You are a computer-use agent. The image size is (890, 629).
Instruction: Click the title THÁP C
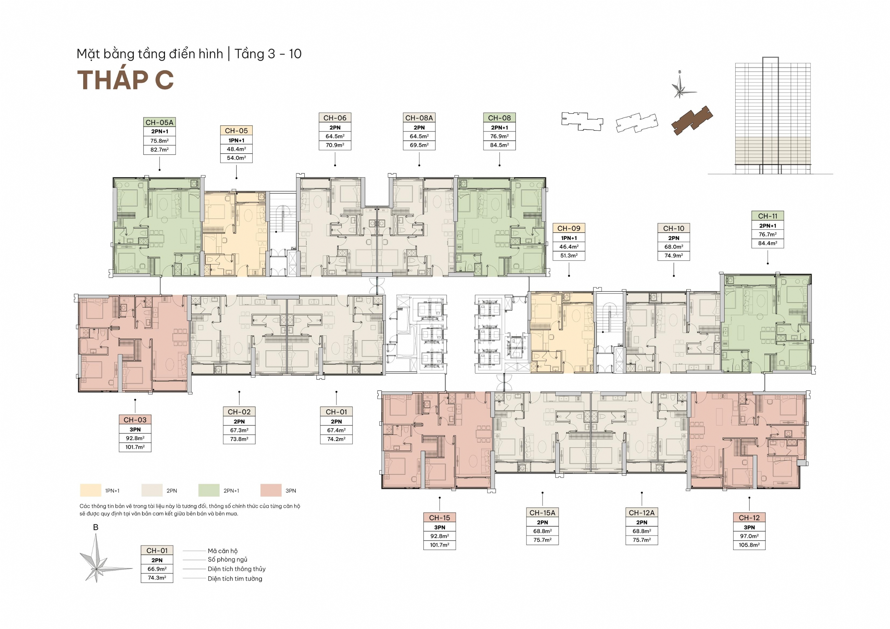pyautogui.click(x=125, y=80)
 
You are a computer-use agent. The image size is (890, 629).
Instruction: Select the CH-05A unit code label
pyautogui.click(x=159, y=123)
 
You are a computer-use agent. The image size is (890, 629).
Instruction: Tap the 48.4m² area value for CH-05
pyautogui.click(x=237, y=149)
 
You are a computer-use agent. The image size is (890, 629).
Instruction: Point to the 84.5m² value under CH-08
pyautogui.click(x=499, y=145)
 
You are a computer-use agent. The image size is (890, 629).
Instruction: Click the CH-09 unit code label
pyautogui.click(x=569, y=228)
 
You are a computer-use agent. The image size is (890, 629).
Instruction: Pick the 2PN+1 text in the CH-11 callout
pyautogui.click(x=767, y=226)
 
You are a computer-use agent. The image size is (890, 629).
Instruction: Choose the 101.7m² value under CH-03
pyautogui.click(x=135, y=447)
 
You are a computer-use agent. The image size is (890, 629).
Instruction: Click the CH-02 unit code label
pyautogui.click(x=239, y=412)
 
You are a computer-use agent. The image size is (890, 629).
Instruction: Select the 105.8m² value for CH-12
pyautogui.click(x=749, y=545)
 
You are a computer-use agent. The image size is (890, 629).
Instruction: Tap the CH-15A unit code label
pyautogui.click(x=542, y=513)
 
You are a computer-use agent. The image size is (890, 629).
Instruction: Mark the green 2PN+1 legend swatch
pyautogui.click(x=209, y=490)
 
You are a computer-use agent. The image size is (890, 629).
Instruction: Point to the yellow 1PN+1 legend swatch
pyautogui.click(x=91, y=490)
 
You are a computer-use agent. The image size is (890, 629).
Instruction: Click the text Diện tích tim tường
pyautogui.click(x=235, y=579)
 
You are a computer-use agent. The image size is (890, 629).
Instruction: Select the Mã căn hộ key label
pyautogui.click(x=222, y=551)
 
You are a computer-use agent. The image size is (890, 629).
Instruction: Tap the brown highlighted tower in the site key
pyautogui.click(x=692, y=120)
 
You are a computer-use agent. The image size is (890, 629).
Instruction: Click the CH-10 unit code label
pyautogui.click(x=674, y=228)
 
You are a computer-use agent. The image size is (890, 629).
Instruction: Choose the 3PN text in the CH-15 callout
pyautogui.click(x=440, y=527)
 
